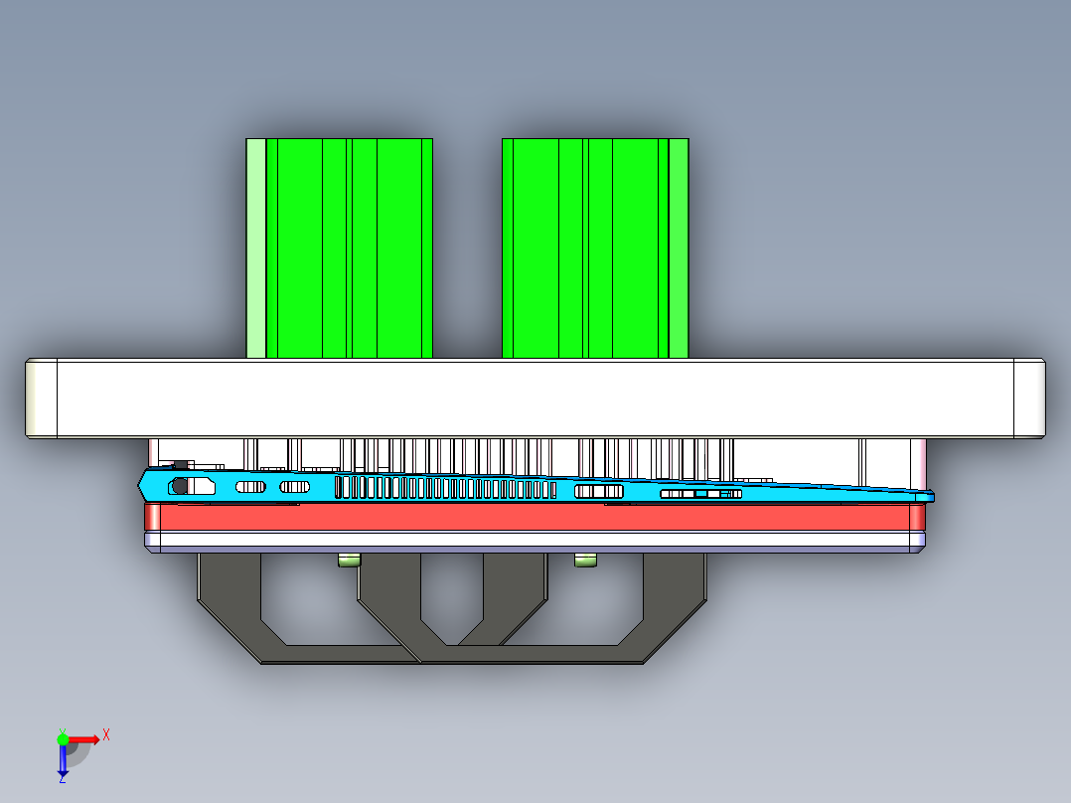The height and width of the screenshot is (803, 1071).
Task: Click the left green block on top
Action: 348,248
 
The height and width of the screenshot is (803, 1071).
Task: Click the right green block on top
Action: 596,248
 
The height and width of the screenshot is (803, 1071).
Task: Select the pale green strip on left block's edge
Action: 255,248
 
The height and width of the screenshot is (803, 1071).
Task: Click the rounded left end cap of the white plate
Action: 41,398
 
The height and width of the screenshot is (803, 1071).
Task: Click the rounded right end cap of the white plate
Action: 1029,398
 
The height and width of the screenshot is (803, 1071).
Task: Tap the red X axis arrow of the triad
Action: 85,738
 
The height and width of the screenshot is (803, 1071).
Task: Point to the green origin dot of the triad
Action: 63,738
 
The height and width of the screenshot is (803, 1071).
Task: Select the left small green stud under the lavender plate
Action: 349,561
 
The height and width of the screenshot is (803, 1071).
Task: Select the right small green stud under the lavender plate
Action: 586,561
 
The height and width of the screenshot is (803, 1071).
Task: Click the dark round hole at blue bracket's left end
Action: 180,486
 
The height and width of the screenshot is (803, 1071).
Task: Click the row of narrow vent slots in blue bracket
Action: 447,487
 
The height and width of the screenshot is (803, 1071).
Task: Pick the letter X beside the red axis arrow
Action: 106,734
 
